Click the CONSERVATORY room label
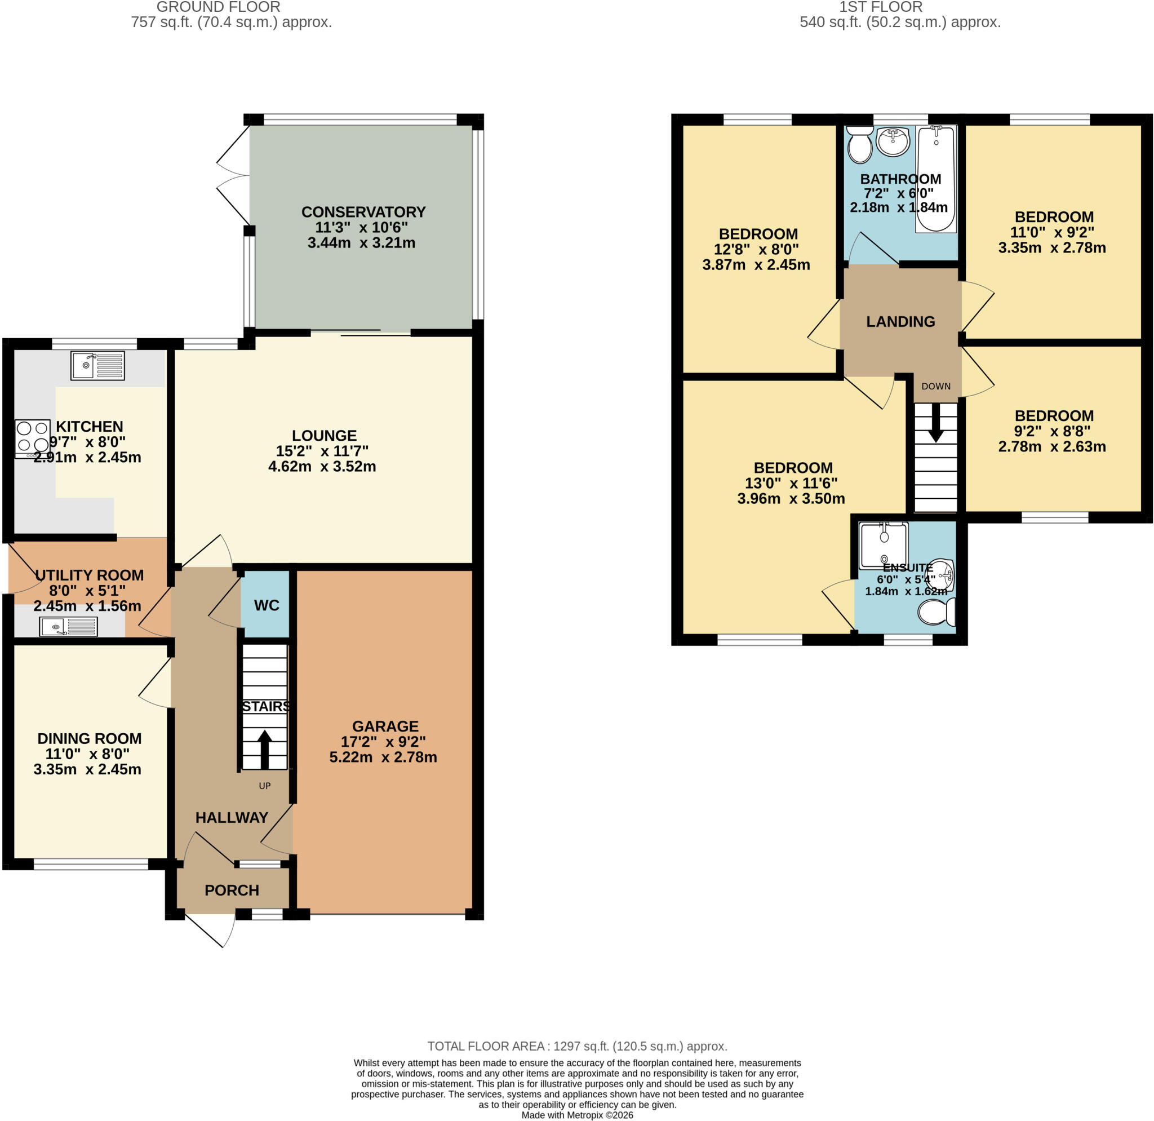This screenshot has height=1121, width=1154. pos(363,212)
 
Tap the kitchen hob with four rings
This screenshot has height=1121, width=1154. pos(32,438)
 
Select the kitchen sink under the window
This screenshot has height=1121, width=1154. pos(97,366)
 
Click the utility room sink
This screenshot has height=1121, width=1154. pos(68,627)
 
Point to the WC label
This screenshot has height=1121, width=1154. pos(267,605)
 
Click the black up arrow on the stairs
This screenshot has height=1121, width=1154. pos(264,749)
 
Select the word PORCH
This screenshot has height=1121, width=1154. pos(232,890)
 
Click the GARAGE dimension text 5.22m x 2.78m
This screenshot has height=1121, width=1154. pos(383,757)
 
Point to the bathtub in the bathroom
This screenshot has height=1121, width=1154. pos(935,179)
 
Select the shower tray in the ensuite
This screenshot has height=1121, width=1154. pos(884,545)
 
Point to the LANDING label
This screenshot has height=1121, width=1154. pos(900,321)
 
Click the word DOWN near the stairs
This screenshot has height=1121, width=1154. pos(936,386)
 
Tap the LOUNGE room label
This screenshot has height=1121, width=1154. pos(325,436)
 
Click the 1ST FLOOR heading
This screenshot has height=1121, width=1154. pos(881,7)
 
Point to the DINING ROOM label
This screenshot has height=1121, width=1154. pos(90,738)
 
